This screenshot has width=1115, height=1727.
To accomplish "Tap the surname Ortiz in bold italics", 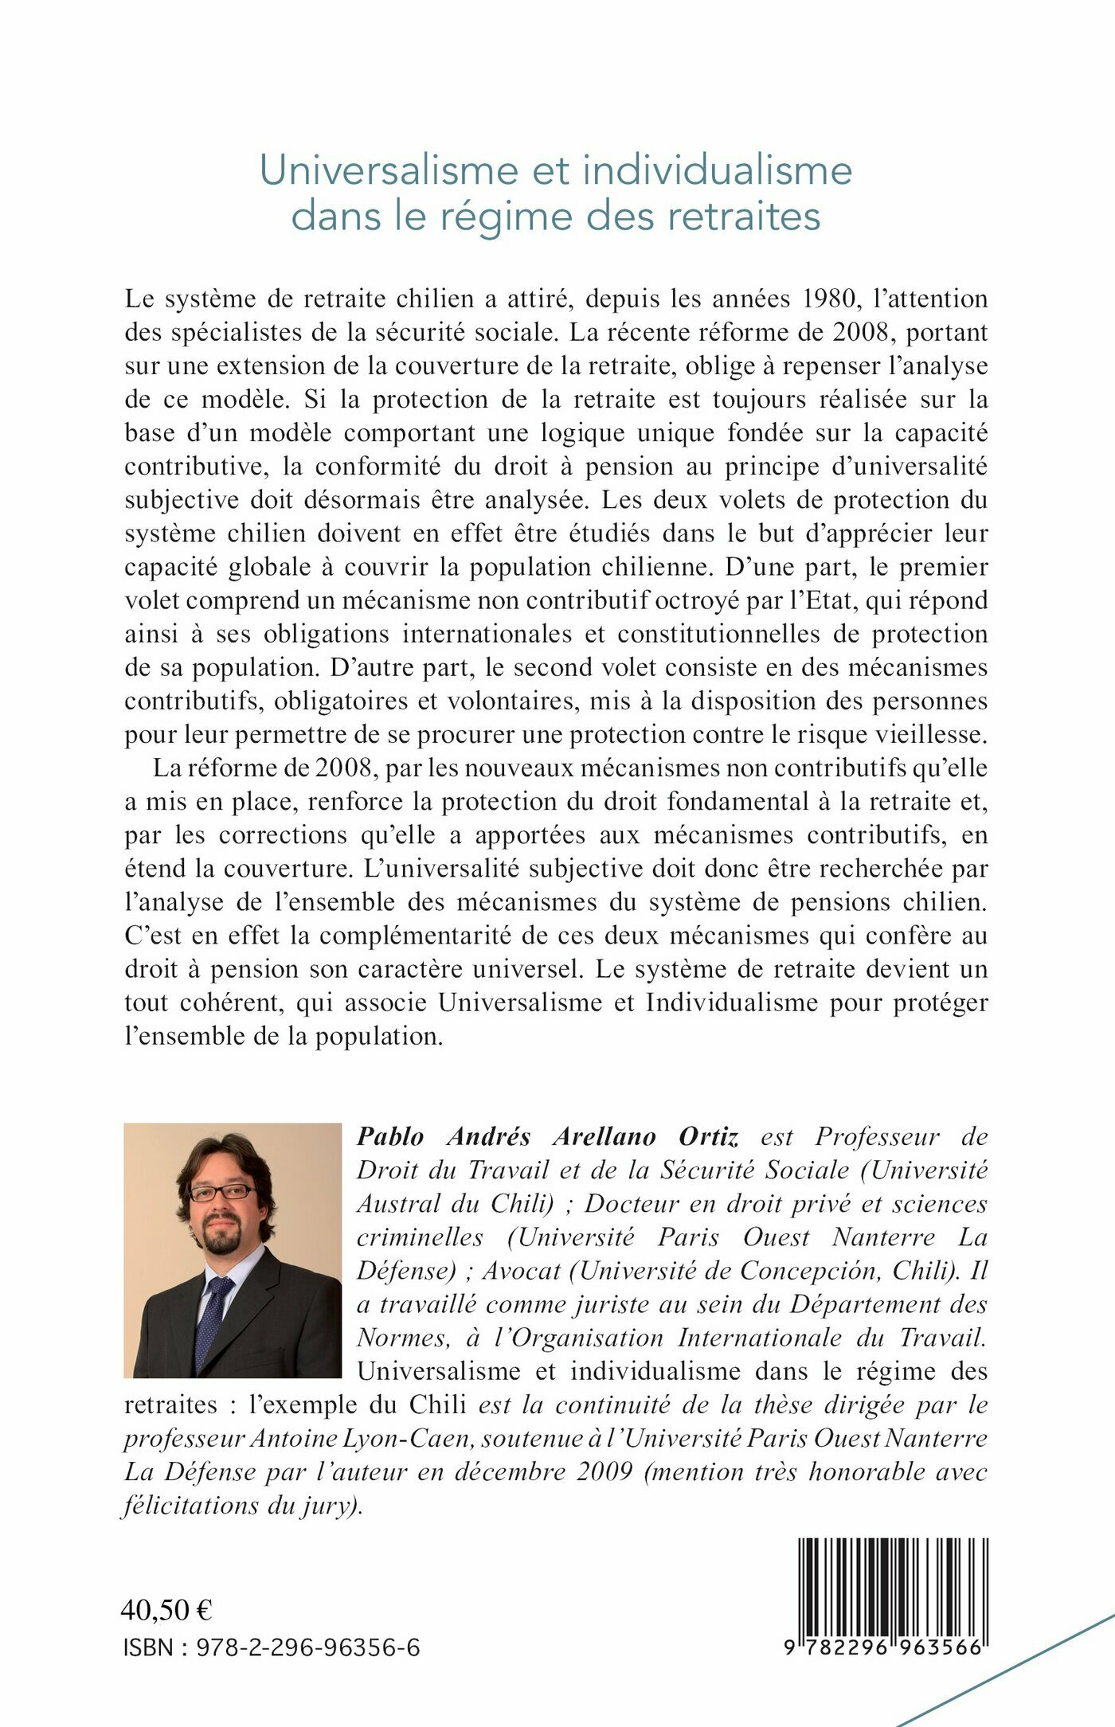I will (709, 1136).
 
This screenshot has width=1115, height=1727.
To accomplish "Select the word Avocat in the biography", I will (522, 1270).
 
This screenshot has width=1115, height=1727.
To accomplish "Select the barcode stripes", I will (893, 1585).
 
